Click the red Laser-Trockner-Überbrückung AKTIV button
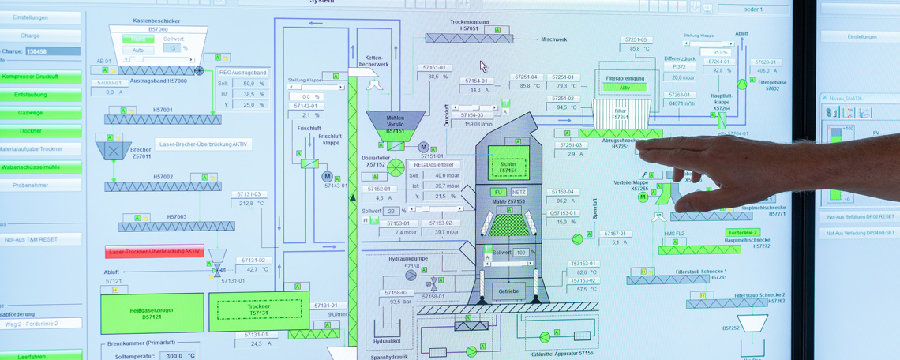click(155, 252)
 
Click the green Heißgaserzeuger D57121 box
click(152, 313)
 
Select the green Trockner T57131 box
click(259, 310)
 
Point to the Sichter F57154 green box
click(508, 162)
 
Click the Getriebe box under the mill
click(508, 291)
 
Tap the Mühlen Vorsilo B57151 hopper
click(396, 123)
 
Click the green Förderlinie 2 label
click(743, 233)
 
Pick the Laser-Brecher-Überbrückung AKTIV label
click(204, 144)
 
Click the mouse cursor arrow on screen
click(483, 66)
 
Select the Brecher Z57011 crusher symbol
click(114, 148)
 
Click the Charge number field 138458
click(52, 51)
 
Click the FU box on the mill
click(498, 192)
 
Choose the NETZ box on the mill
click(519, 192)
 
